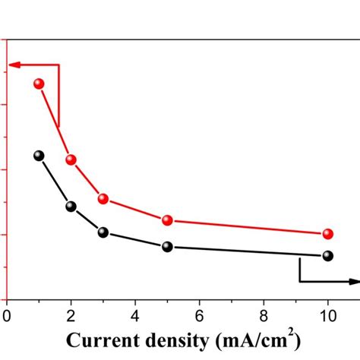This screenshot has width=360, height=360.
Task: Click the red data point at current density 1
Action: click(39, 84)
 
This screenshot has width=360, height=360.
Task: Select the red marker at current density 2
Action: click(71, 159)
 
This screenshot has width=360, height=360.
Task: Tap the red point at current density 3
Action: click(103, 199)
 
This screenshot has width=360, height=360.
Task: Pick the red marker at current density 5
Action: click(168, 220)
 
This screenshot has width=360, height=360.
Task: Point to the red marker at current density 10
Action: click(328, 234)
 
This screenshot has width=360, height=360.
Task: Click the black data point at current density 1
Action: click(39, 156)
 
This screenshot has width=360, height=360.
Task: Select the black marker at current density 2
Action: click(71, 206)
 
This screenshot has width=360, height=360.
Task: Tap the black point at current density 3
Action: click(103, 232)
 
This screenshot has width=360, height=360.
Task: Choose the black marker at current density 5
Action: click(168, 247)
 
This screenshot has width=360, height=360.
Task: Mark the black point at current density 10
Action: click(328, 256)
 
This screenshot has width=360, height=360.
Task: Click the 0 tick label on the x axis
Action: click(7, 314)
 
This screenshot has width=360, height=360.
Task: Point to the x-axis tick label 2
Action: click(71, 314)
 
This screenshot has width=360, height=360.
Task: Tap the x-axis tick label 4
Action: click(135, 314)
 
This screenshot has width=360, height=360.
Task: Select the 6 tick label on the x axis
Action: click(200, 314)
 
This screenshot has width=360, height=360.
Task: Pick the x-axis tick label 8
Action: click(264, 314)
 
